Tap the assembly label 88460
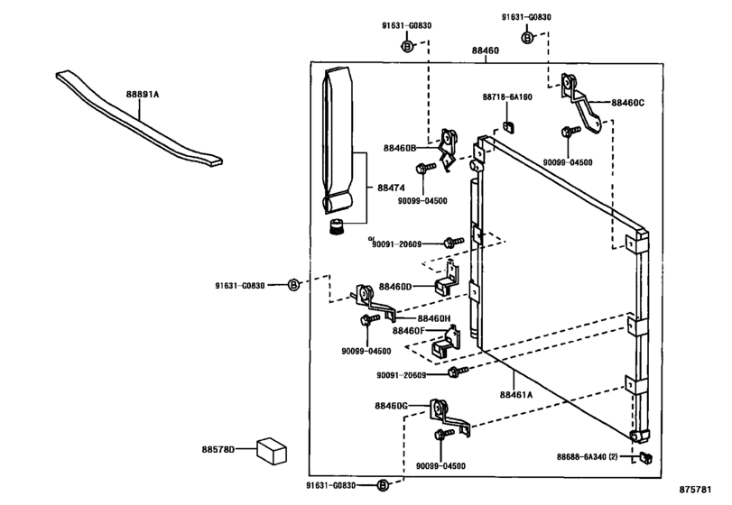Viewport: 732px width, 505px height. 485,50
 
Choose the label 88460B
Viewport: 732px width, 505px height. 398,147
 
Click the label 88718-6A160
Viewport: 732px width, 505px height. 506,96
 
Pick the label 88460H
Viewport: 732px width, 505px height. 435,318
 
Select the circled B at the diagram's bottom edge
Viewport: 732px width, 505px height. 382,485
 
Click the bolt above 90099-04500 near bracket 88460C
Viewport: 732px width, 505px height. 567,133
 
